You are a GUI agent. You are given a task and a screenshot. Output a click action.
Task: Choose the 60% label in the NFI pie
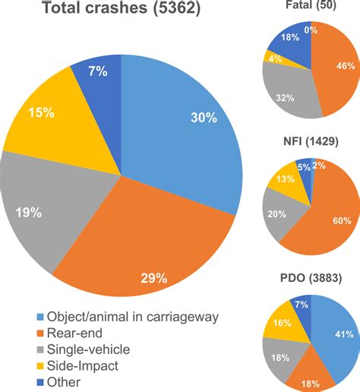pyautogui.click(x=340, y=220)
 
